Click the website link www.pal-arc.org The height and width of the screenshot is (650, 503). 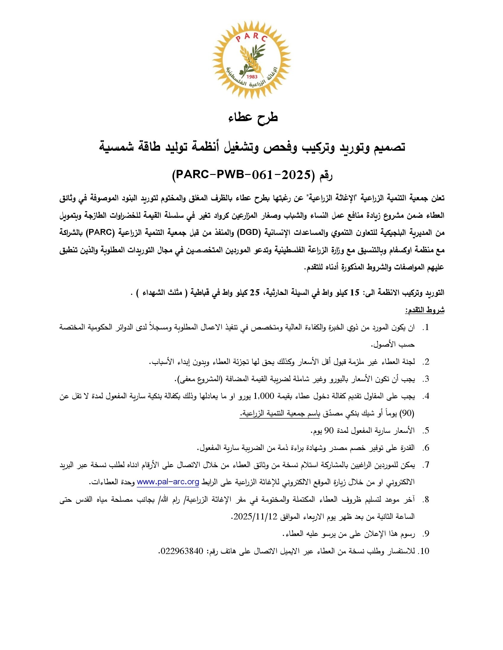pyautogui.click(x=168, y=482)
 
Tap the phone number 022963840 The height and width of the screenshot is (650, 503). pyautogui.click(x=181, y=551)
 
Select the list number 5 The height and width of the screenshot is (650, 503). pyautogui.click(x=426, y=431)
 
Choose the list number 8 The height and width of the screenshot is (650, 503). pyautogui.click(x=426, y=499)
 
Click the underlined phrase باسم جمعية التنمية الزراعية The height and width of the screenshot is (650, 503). pyautogui.click(x=280, y=413)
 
